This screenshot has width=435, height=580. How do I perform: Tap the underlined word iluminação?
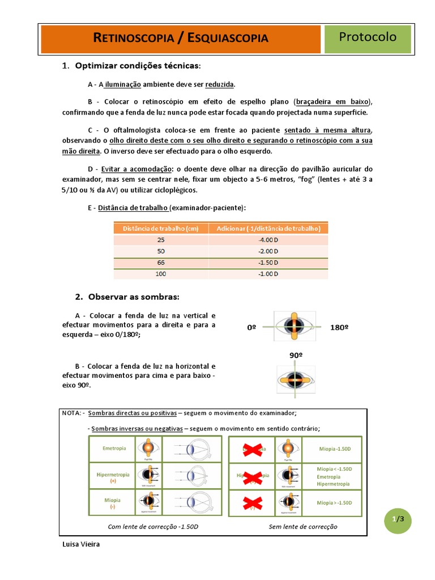pyautogui.click(x=122, y=84)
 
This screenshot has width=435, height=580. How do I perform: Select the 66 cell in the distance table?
pyautogui.click(x=161, y=263)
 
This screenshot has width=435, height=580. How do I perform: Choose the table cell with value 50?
pyautogui.click(x=161, y=251)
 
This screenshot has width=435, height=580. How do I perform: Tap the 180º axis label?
pyautogui.click(x=339, y=327)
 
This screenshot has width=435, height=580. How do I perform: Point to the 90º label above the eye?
pyautogui.click(x=296, y=355)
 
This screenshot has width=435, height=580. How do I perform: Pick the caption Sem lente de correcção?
pyautogui.click(x=302, y=526)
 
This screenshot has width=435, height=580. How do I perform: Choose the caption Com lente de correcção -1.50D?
pyautogui.click(x=153, y=526)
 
